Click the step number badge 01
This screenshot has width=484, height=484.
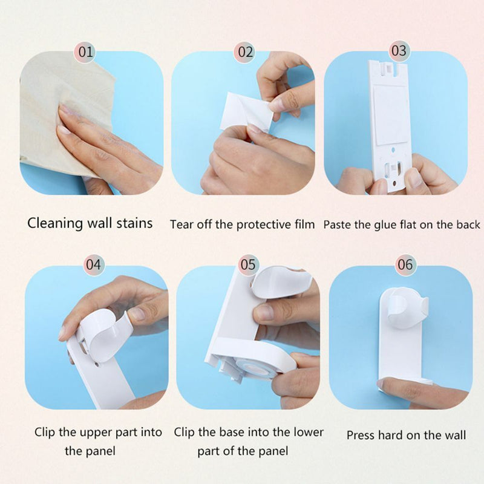(85, 51)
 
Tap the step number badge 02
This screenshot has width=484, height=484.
(245, 51)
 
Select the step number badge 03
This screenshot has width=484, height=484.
(399, 51)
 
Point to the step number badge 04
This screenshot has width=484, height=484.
(94, 264)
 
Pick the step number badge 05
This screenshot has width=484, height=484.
(248, 264)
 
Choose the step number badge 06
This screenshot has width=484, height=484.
(405, 264)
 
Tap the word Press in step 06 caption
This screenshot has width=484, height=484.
(360, 435)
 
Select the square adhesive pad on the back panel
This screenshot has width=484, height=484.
(390, 114)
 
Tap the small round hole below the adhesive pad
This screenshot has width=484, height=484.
(393, 150)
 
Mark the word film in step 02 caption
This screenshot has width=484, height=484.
(304, 224)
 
